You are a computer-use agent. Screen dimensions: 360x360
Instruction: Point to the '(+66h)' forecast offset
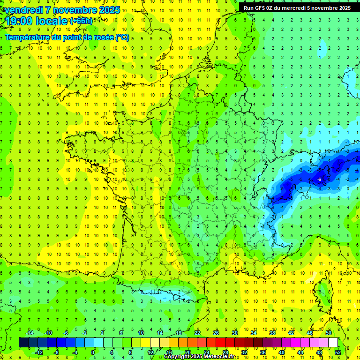pos(81,21)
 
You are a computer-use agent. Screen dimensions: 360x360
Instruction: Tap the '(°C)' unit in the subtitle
pos(122,37)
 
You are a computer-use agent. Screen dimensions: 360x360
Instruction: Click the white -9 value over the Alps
pos(319,180)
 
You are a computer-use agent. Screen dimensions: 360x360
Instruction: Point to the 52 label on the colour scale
pos(337,352)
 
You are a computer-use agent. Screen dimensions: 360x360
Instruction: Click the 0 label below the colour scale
pos(93,352)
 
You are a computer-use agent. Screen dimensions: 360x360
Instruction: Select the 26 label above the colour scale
pos(216,333)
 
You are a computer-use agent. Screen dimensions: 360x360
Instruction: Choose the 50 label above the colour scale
pos(329,333)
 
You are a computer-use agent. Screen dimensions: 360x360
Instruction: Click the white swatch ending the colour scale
pos(333,343)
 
